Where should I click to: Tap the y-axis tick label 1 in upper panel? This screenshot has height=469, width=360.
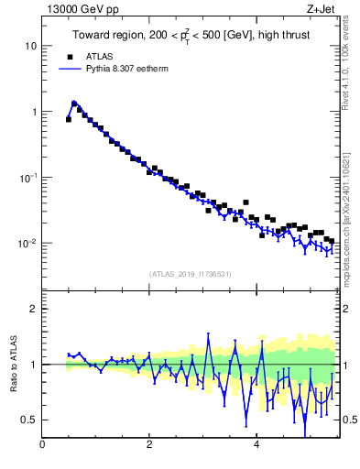click(x=34, y=112)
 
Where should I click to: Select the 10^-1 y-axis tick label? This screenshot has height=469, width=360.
click(x=28, y=177)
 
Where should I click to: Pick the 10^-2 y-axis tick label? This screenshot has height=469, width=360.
click(x=28, y=243)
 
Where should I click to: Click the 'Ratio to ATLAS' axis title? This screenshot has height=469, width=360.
click(x=13, y=364)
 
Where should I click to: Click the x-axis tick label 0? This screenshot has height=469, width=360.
click(x=43, y=445)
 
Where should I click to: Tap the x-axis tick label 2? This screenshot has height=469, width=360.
click(x=149, y=445)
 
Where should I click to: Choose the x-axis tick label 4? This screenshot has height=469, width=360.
click(x=256, y=445)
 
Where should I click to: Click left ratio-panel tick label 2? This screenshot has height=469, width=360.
click(x=34, y=309)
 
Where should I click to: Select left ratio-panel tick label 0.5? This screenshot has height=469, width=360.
click(x=30, y=420)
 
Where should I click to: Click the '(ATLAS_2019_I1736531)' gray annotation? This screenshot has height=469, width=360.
click(x=191, y=274)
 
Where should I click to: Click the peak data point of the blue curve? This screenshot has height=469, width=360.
click(x=74, y=103)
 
